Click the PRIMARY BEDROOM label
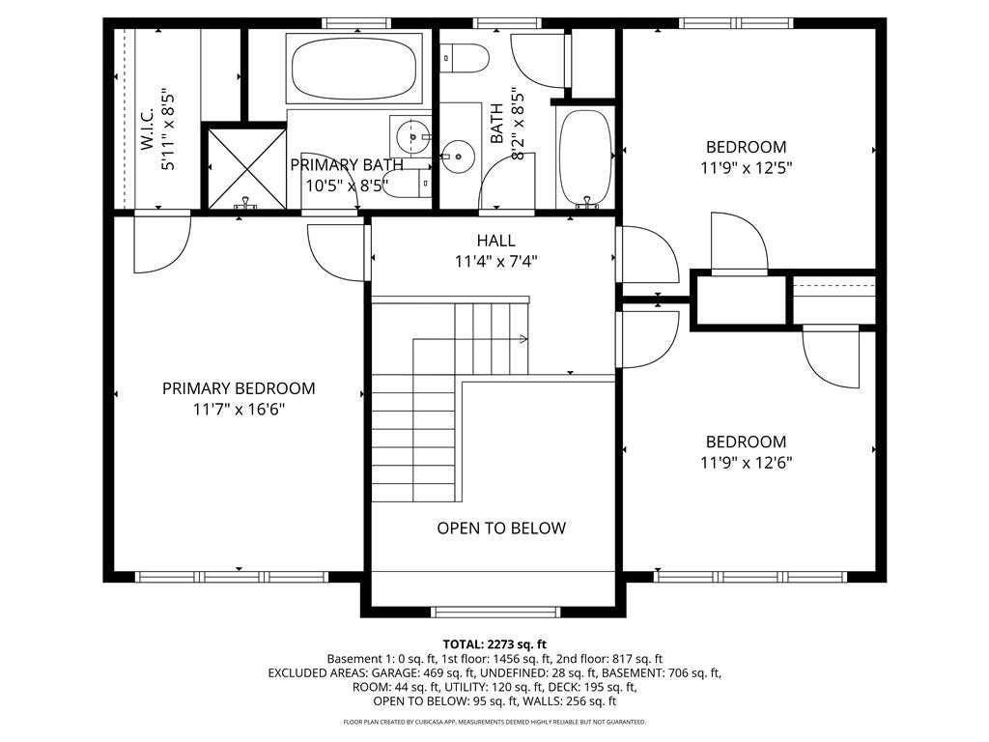pyautogui.click(x=239, y=388)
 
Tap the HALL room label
pyautogui.click(x=495, y=241)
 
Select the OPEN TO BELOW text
pyautogui.click(x=501, y=528)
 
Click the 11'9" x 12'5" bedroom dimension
pyautogui.click(x=747, y=168)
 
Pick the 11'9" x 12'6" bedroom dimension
pyautogui.click(x=747, y=463)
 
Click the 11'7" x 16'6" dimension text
pyautogui.click(x=239, y=410)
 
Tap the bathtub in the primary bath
pyautogui.click(x=353, y=69)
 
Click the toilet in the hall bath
pyautogui.click(x=465, y=58)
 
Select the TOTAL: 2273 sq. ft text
pyautogui.click(x=494, y=644)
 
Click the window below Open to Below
pyautogui.click(x=495, y=612)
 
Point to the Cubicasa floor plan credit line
pyautogui.click(x=494, y=722)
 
